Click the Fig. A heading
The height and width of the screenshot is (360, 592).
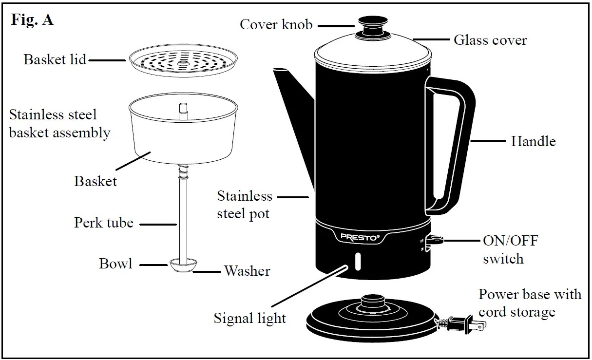click(x=32, y=20)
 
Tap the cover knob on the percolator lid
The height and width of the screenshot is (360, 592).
click(x=371, y=25)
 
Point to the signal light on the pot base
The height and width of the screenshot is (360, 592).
click(x=359, y=261)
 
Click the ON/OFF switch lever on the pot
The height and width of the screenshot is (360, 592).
click(x=435, y=240)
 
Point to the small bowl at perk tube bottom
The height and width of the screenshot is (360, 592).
click(x=183, y=265)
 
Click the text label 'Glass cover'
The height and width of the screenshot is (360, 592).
click(x=490, y=40)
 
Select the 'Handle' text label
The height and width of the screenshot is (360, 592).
click(x=533, y=141)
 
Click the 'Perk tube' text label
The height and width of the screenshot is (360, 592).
click(x=103, y=223)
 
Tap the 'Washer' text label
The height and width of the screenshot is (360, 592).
click(x=247, y=270)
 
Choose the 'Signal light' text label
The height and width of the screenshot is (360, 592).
click(x=250, y=318)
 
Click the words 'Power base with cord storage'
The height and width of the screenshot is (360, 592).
click(x=529, y=303)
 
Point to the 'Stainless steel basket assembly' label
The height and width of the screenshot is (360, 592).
click(x=59, y=124)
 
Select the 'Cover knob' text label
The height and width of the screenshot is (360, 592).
click(x=276, y=24)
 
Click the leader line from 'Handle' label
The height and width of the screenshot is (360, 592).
click(x=488, y=141)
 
